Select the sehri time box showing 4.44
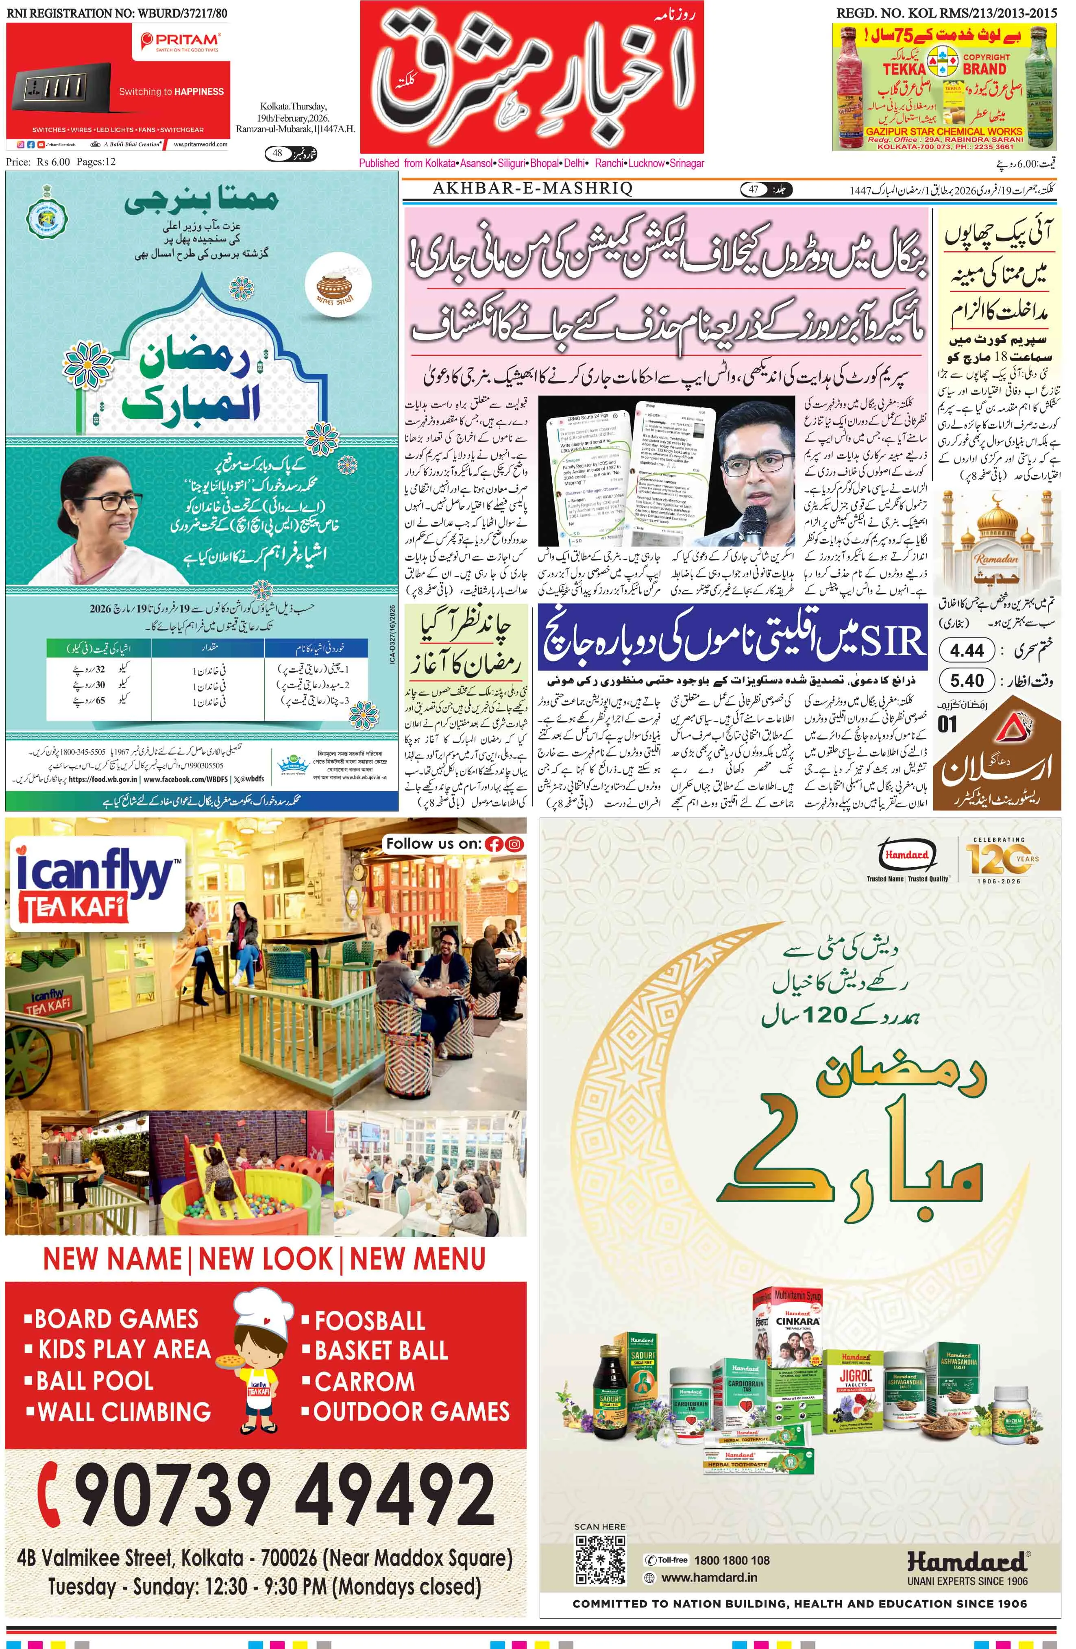[x=967, y=650]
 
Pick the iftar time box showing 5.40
[x=967, y=681]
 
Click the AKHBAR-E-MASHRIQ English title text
[x=532, y=189]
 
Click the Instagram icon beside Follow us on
[x=514, y=844]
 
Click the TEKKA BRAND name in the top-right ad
[x=944, y=69]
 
